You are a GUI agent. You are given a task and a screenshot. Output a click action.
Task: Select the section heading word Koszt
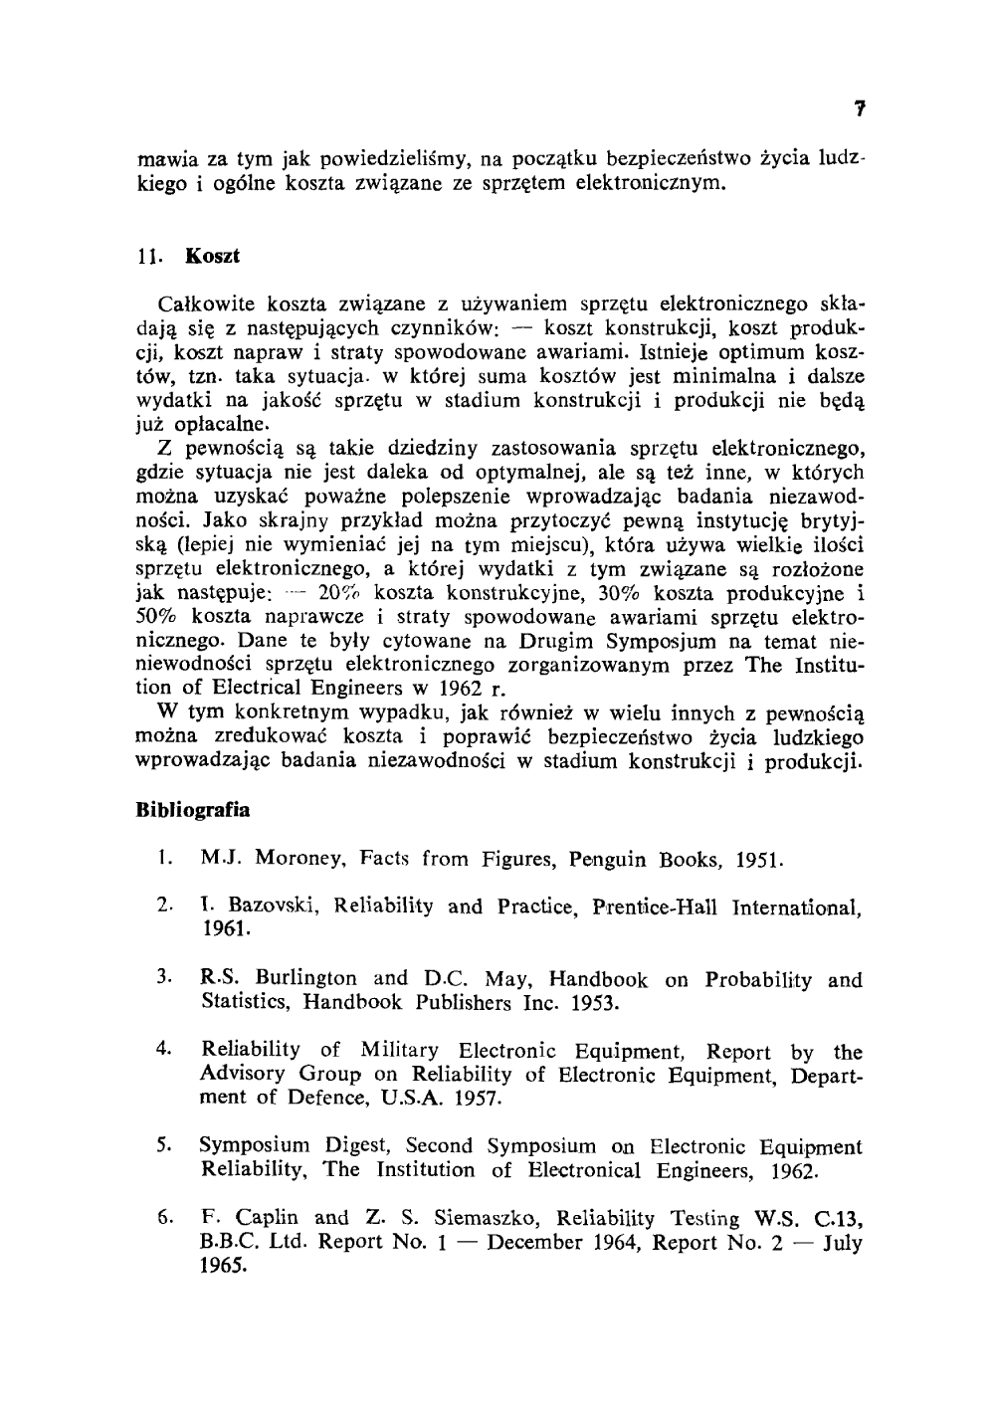tap(213, 256)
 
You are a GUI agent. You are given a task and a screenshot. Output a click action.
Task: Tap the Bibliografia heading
tap(192, 809)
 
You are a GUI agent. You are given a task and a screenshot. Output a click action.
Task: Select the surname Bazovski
tap(271, 907)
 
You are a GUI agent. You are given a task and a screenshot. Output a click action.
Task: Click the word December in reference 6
tap(535, 1243)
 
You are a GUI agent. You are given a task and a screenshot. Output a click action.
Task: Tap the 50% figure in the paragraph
tap(158, 618)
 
